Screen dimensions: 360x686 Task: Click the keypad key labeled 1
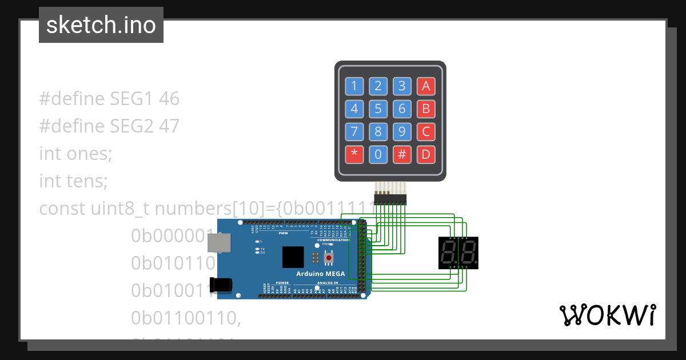coord(354,86)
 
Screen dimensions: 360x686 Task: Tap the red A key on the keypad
coord(425,86)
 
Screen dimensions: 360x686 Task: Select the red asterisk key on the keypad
coord(354,154)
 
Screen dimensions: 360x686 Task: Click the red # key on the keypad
coord(402,154)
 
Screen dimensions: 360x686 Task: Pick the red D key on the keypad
coord(425,154)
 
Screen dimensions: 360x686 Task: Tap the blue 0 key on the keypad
coord(378,154)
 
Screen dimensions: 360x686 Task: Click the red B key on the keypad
coord(425,109)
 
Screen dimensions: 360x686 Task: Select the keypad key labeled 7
coord(354,132)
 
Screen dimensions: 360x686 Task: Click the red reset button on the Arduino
coord(329,258)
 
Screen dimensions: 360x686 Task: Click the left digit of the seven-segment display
coord(449,252)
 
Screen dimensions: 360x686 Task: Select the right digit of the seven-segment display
coord(468,252)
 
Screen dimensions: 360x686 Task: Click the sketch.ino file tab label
coord(101,25)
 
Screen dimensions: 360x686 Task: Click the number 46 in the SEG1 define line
coord(169,99)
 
